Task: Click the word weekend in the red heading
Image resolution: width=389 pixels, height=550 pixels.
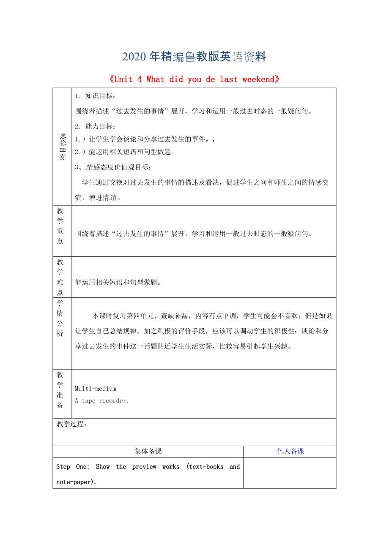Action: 259,79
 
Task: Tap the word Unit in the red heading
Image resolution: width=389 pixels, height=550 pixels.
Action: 123,79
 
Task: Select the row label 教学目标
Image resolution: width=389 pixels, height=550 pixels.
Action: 62,147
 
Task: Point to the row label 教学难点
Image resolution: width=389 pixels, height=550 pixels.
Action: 60,277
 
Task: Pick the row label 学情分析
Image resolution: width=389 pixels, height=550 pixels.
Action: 60,318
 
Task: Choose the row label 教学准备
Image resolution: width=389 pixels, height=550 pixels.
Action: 60,389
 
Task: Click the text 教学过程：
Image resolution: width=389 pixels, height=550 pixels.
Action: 71,424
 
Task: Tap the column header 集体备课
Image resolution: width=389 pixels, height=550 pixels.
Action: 148,451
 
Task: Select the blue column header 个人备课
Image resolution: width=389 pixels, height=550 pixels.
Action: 290,451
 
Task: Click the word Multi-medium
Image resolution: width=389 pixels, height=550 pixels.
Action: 95,389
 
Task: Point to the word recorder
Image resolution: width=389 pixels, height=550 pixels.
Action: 113,400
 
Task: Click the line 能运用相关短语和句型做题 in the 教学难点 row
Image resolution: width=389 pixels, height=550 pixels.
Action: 118,282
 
